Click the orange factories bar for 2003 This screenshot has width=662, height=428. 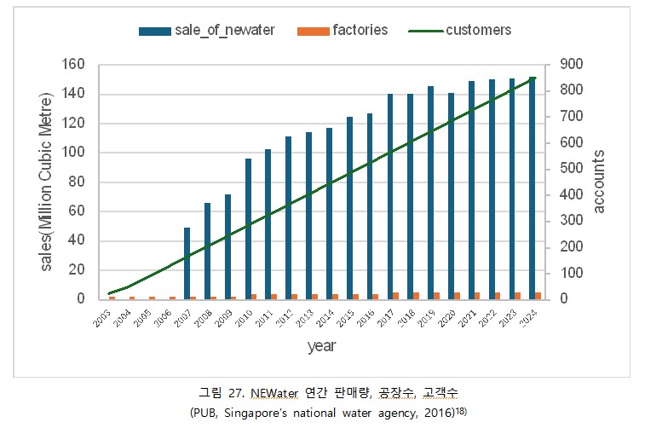tap(112, 298)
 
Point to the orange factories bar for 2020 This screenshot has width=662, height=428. tap(458, 296)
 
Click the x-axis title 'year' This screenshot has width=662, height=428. tap(321, 346)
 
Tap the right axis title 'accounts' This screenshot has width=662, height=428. tap(599, 182)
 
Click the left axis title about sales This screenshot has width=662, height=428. tap(47, 182)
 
